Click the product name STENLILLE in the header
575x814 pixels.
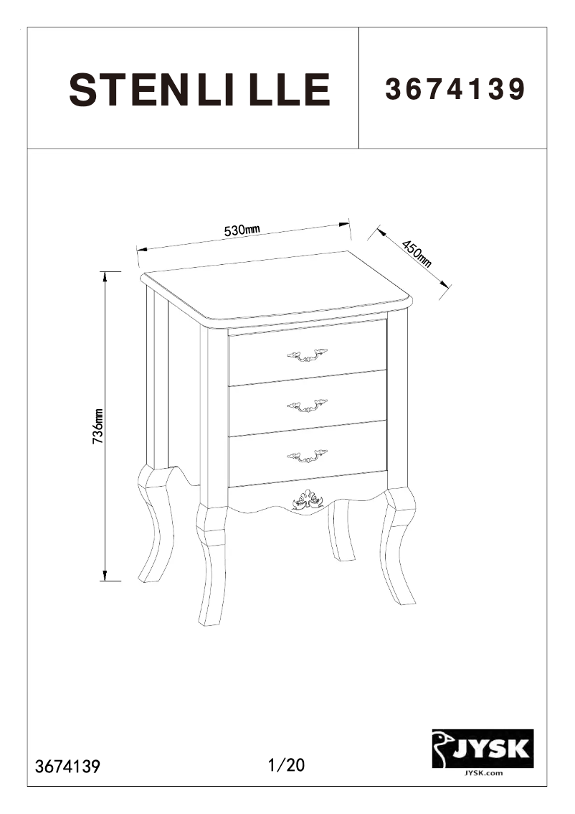(x=199, y=90)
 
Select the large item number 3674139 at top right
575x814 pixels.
(x=456, y=90)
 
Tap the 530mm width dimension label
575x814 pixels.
(x=242, y=230)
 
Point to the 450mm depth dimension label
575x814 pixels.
(x=416, y=253)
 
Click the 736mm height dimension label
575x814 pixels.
(x=99, y=426)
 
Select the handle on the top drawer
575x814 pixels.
(x=307, y=355)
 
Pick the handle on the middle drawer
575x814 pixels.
(x=307, y=406)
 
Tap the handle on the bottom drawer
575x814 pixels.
(x=307, y=456)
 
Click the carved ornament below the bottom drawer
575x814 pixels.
(x=308, y=500)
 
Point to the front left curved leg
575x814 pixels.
(x=212, y=567)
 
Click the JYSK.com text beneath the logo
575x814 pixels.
(x=482, y=773)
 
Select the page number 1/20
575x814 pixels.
(x=286, y=765)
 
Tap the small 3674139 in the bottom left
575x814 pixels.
(x=67, y=766)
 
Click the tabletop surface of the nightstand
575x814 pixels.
(x=276, y=287)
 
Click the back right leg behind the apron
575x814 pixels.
(x=340, y=531)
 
